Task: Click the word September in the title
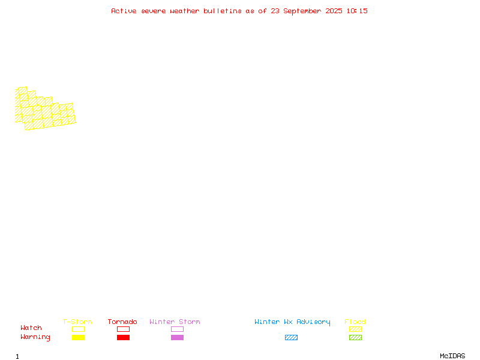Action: (x=302, y=11)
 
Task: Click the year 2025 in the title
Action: (x=334, y=11)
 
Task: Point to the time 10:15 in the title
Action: (x=357, y=11)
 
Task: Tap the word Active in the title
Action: (x=124, y=11)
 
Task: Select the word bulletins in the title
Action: (x=223, y=11)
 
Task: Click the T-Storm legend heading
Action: (x=77, y=322)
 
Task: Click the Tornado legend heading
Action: (x=122, y=322)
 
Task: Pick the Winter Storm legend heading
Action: (x=175, y=322)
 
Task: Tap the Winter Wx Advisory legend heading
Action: (x=292, y=322)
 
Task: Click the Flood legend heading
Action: (x=355, y=322)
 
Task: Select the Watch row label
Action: (x=31, y=328)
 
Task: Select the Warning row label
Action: (x=35, y=337)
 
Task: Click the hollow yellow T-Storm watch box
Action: (x=79, y=329)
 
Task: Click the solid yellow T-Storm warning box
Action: (x=79, y=337)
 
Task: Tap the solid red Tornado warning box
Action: (x=124, y=337)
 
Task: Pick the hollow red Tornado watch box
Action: (x=124, y=329)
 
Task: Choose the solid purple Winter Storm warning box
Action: (x=177, y=337)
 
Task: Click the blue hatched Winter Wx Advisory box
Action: (x=291, y=337)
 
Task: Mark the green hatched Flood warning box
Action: (x=355, y=337)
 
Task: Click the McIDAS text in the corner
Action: (x=452, y=356)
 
